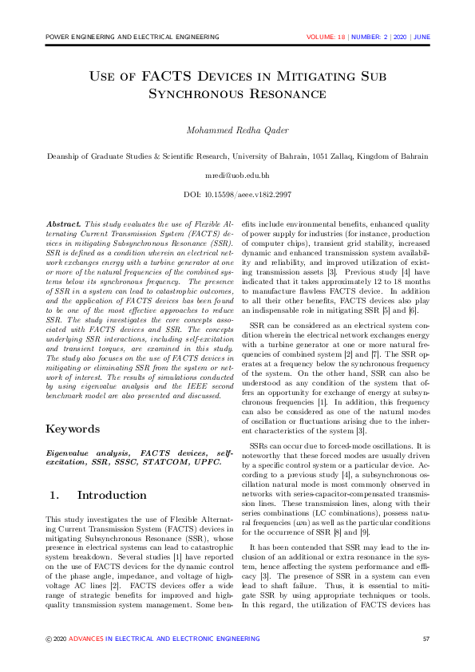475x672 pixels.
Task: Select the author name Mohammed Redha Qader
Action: (237, 130)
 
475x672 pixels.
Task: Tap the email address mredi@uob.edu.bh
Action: (237, 174)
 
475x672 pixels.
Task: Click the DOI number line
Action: (237, 194)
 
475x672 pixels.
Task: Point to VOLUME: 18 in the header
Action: (326, 38)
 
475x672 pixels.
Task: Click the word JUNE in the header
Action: (422, 38)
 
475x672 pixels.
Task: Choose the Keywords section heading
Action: (73, 429)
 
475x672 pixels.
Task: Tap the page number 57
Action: (426, 638)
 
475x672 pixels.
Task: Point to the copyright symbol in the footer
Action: (47, 638)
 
